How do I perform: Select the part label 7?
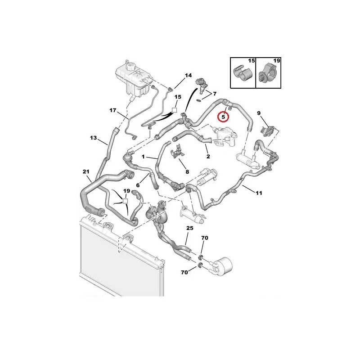(x=215, y=94)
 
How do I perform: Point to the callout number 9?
(x=259, y=113)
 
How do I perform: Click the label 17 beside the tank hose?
(x=113, y=110)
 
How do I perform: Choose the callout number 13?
(x=93, y=138)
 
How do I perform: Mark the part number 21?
(x=86, y=171)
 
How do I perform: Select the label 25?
(x=189, y=229)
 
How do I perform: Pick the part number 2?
(x=208, y=157)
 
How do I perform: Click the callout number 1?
(x=144, y=157)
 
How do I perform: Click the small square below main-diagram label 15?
(x=175, y=109)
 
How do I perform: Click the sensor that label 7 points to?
(x=201, y=84)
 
